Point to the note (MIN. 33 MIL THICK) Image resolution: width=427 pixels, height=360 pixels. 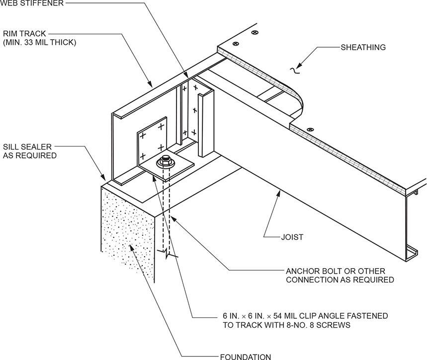pos(39,43)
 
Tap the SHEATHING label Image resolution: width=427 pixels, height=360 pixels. pos(363,48)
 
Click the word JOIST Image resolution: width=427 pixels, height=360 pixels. pos(292,237)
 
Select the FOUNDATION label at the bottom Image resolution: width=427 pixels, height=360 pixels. pos(245,356)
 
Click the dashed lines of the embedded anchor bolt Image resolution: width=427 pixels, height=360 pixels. pos(166,214)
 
